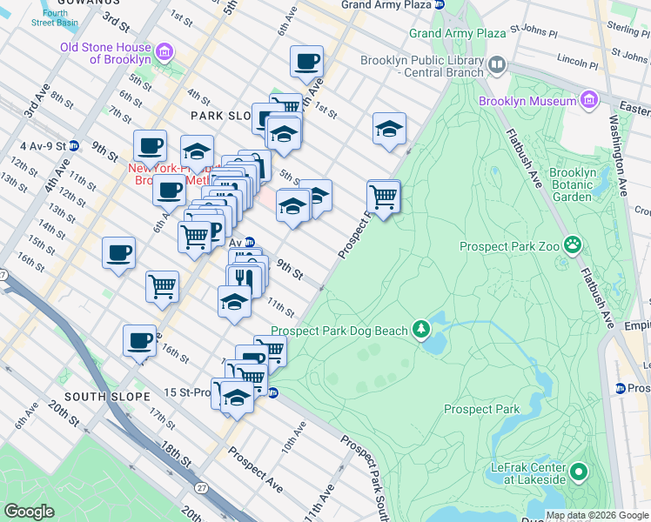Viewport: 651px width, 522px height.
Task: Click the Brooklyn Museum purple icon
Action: pyautogui.click(x=590, y=100)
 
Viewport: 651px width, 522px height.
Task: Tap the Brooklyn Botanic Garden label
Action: pyautogui.click(x=573, y=184)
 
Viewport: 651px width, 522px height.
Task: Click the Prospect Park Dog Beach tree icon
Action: pyautogui.click(x=422, y=329)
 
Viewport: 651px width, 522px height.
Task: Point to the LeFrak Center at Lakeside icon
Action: pyautogui.click(x=578, y=473)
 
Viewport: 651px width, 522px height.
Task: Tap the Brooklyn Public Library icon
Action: pyautogui.click(x=496, y=64)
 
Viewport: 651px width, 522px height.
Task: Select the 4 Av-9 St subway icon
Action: pyautogui.click(x=75, y=145)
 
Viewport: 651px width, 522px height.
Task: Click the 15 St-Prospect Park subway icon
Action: pyautogui.click(x=272, y=392)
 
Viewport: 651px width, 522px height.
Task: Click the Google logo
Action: pyautogui.click(x=30, y=512)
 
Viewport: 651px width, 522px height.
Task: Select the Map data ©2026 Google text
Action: pyautogui.click(x=597, y=515)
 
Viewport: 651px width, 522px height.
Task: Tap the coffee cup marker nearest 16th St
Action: pyautogui.click(x=139, y=341)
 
